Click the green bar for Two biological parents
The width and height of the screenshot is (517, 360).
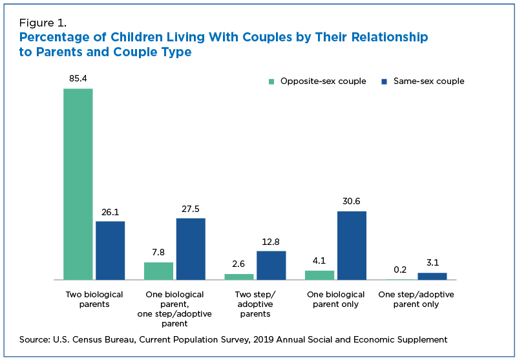point(78,184)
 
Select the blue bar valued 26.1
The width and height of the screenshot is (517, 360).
point(110,250)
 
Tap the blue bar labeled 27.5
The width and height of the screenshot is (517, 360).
point(191,249)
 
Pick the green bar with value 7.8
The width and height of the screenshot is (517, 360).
point(158,271)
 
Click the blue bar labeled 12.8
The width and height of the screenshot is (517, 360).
point(271,265)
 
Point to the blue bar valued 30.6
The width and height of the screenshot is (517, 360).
point(352,246)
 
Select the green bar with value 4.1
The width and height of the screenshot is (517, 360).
point(319,275)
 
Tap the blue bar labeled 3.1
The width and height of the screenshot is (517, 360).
point(432,276)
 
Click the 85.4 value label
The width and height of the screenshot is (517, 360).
point(78,79)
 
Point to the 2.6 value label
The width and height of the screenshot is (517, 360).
point(239,264)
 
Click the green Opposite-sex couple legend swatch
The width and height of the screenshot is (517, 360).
point(272,81)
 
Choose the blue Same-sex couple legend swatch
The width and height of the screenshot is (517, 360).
point(384,81)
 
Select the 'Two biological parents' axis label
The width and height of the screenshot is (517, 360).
point(94,299)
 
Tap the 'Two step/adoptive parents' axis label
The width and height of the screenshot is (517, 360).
point(253,304)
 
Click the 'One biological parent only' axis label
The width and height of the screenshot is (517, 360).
point(333,299)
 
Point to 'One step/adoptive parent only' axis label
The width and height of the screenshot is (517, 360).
point(416,299)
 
